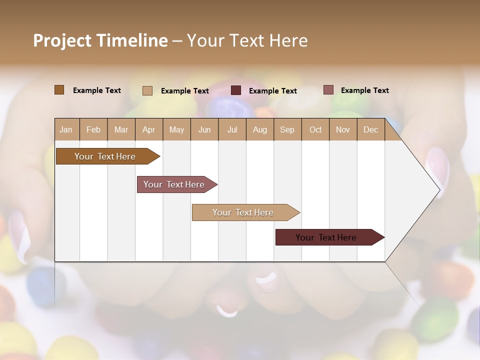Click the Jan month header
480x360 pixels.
point(66,129)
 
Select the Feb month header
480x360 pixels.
point(93,129)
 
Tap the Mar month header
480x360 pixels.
point(121,129)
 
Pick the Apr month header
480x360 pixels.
point(148,129)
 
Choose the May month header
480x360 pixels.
point(176,129)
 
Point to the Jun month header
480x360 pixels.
point(204,129)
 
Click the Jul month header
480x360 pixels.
point(232,129)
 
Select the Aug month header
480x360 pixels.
point(260,129)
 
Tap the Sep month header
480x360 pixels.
point(287,129)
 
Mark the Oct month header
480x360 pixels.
point(315,129)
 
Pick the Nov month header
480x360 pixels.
point(343,129)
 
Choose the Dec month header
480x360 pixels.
point(370,129)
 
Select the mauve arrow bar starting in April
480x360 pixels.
point(175,184)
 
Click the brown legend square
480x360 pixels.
point(59,90)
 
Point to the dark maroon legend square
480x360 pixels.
point(236,90)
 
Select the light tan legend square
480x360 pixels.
point(147,90)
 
